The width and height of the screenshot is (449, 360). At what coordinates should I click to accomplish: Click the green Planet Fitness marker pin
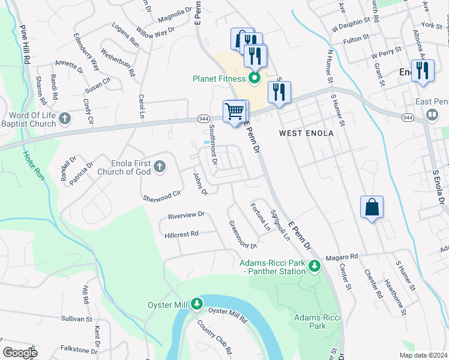coord(254,78)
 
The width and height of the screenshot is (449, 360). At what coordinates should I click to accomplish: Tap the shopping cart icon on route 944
coord(235,110)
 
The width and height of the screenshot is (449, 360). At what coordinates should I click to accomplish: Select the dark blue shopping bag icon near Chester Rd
coord(372,207)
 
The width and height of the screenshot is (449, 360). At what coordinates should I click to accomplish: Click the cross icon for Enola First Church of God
coord(160,166)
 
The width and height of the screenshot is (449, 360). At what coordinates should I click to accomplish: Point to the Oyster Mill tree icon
coord(196,305)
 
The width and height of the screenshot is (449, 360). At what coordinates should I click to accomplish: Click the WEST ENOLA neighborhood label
coord(306,133)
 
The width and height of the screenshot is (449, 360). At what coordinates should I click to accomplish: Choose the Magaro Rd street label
coord(342,257)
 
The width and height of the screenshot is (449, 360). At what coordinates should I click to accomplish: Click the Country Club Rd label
coord(215,336)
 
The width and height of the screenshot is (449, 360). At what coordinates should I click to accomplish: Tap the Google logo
coord(20,353)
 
